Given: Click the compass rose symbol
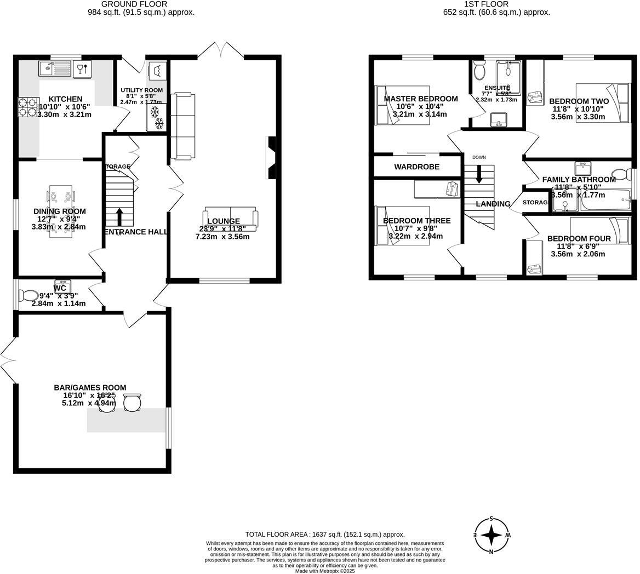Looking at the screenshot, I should coord(492,535).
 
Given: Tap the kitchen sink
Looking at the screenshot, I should coord(55,69).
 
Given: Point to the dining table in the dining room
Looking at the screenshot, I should coord(60,211).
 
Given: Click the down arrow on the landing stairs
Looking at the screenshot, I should coord(479,174).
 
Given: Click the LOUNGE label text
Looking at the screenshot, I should coord(223,221).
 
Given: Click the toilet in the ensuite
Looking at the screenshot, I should coord(480,71).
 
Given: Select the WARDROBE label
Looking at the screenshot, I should coord(416,167).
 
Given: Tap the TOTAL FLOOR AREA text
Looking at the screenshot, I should coord(324,535).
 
